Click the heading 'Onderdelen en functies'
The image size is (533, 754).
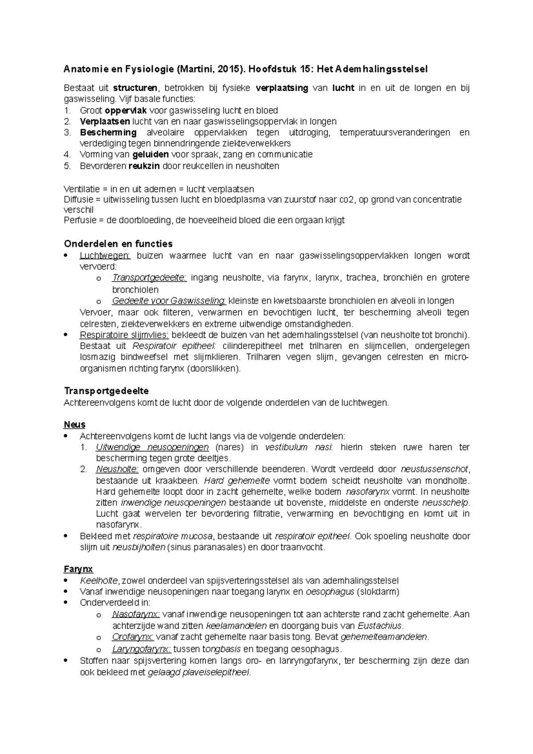point(118,244)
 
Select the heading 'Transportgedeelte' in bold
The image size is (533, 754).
point(106,391)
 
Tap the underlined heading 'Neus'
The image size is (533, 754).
point(75,425)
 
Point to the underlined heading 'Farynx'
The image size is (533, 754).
point(78,569)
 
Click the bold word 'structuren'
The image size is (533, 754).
point(135,88)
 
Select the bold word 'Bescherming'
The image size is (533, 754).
point(108,132)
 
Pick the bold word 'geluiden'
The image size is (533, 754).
point(151,155)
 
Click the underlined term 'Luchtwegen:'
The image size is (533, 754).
point(105,255)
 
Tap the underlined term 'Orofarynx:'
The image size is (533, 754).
point(133,637)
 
